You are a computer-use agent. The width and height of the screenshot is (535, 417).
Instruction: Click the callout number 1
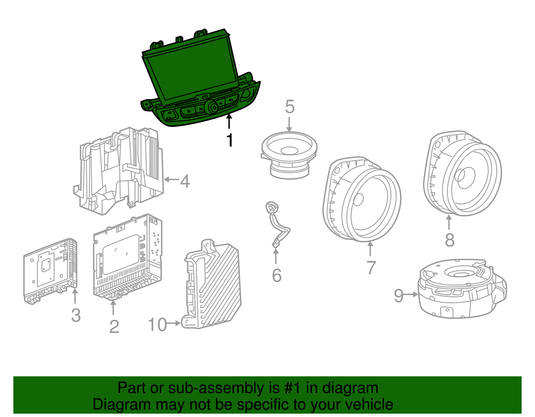[x=229, y=141]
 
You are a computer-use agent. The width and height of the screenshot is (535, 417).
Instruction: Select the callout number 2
[x=114, y=327]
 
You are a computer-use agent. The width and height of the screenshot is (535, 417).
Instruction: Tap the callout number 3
[x=76, y=315]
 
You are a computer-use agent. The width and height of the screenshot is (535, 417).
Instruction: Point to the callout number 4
[x=185, y=181]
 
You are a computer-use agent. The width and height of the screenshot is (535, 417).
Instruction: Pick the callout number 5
[x=290, y=107]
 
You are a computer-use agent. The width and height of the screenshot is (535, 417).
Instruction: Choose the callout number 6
[x=277, y=275]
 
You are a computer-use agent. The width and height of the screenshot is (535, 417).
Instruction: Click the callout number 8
[x=450, y=240]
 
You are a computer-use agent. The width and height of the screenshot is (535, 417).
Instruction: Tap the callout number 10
[x=157, y=325]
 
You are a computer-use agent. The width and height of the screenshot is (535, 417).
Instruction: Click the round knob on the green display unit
[x=212, y=107]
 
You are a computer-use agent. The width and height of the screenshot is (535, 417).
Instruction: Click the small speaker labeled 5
[x=289, y=154]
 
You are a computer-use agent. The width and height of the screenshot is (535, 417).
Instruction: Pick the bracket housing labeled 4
[x=120, y=170]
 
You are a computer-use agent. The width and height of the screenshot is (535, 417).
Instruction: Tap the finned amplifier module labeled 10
[x=214, y=287]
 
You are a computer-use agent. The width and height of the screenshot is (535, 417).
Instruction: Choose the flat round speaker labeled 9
[x=461, y=289]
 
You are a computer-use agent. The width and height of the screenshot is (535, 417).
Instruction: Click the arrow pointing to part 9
[x=410, y=294]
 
